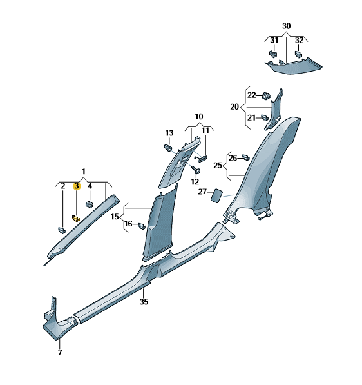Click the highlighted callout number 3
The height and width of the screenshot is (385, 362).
click(77, 186)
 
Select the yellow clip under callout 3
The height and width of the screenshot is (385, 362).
click(76, 218)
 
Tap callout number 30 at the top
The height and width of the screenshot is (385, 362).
click(286, 26)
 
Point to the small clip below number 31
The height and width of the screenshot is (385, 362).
click(272, 54)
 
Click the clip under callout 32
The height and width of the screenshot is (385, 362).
click(298, 54)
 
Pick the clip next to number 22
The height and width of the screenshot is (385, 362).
click(266, 95)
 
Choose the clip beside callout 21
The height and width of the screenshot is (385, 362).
click(265, 117)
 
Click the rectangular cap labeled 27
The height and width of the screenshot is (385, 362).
click(217, 195)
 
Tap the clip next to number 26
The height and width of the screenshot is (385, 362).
click(246, 157)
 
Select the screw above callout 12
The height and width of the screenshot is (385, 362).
click(196, 170)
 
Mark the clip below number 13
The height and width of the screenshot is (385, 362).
click(168, 148)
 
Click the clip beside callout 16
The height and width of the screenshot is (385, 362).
click(142, 226)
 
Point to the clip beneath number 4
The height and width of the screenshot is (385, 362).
click(90, 204)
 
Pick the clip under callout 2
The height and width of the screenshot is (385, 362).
click(62, 231)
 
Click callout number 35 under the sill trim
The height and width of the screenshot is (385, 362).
click(144, 301)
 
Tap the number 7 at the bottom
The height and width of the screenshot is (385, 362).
click(60, 353)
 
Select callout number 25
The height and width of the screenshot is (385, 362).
click(217, 166)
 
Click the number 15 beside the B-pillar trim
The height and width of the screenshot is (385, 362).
click(115, 217)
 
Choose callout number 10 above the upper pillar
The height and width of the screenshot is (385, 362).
click(199, 116)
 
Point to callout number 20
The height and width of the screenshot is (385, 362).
click(234, 107)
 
